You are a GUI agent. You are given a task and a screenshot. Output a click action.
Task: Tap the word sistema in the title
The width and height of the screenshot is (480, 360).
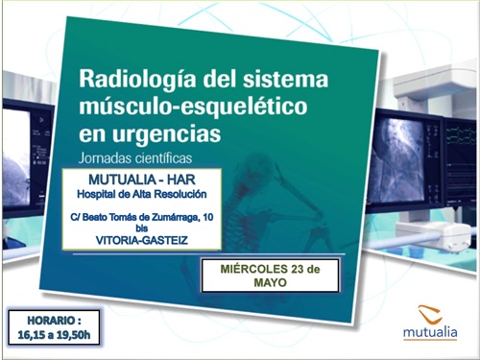pos(287,78)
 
